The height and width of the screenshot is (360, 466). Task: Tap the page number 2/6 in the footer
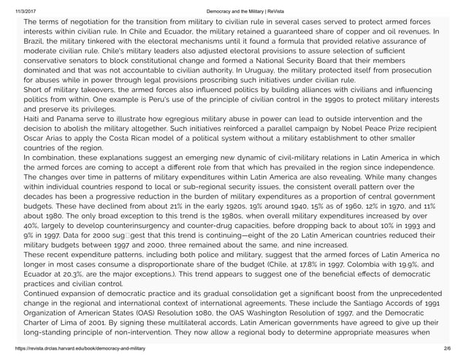pos(454,354)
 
